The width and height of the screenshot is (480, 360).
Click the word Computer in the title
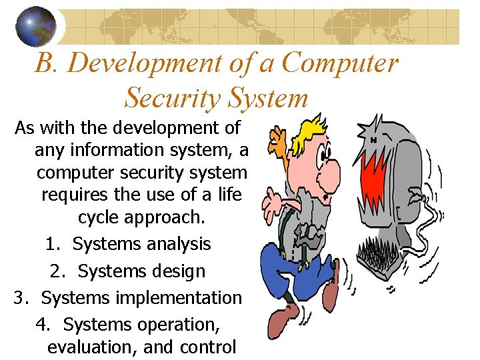339,63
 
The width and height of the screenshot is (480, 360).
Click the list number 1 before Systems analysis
51,244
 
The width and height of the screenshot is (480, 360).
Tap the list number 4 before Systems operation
42,325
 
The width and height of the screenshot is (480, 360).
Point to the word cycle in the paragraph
98,218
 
